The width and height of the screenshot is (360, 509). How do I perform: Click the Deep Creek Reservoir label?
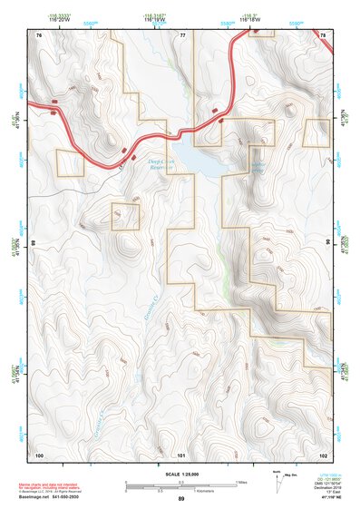coord(162,163)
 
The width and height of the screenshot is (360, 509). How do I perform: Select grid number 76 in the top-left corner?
coord(40,34)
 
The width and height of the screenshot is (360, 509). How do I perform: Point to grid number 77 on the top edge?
coord(182,34)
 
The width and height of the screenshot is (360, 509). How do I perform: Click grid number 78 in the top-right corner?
coord(323,34)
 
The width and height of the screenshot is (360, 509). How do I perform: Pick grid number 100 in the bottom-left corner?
coord(40,454)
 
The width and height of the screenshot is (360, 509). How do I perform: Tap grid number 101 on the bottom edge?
coord(181,454)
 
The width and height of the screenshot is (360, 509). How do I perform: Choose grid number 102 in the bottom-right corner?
coord(323,454)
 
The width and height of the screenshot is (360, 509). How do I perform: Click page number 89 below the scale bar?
coord(181,499)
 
